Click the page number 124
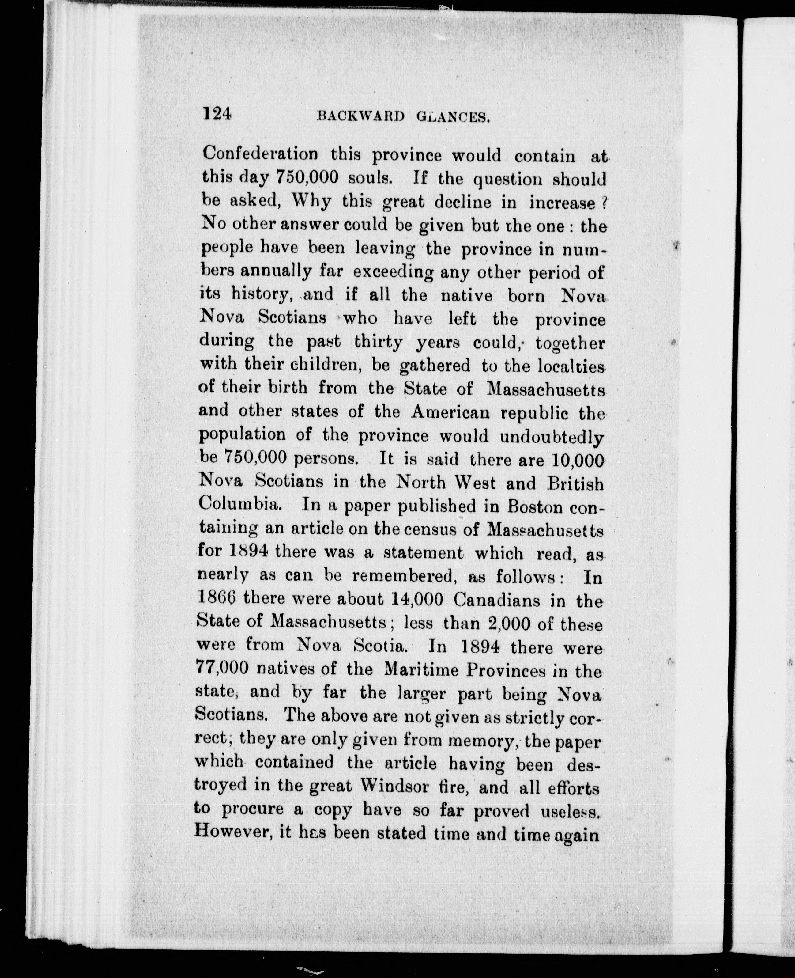coord(217,113)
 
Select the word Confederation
coord(260,154)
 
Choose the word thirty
coord(378,341)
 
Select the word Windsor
coord(394,786)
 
